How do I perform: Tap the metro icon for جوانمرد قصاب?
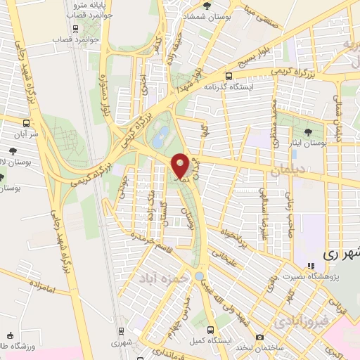coord(75,29)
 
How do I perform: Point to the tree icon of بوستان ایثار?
coord(309,131)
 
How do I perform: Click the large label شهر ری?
coord(340,253)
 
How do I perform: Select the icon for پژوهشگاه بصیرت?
coord(310,266)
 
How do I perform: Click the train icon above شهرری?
coord(122,330)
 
